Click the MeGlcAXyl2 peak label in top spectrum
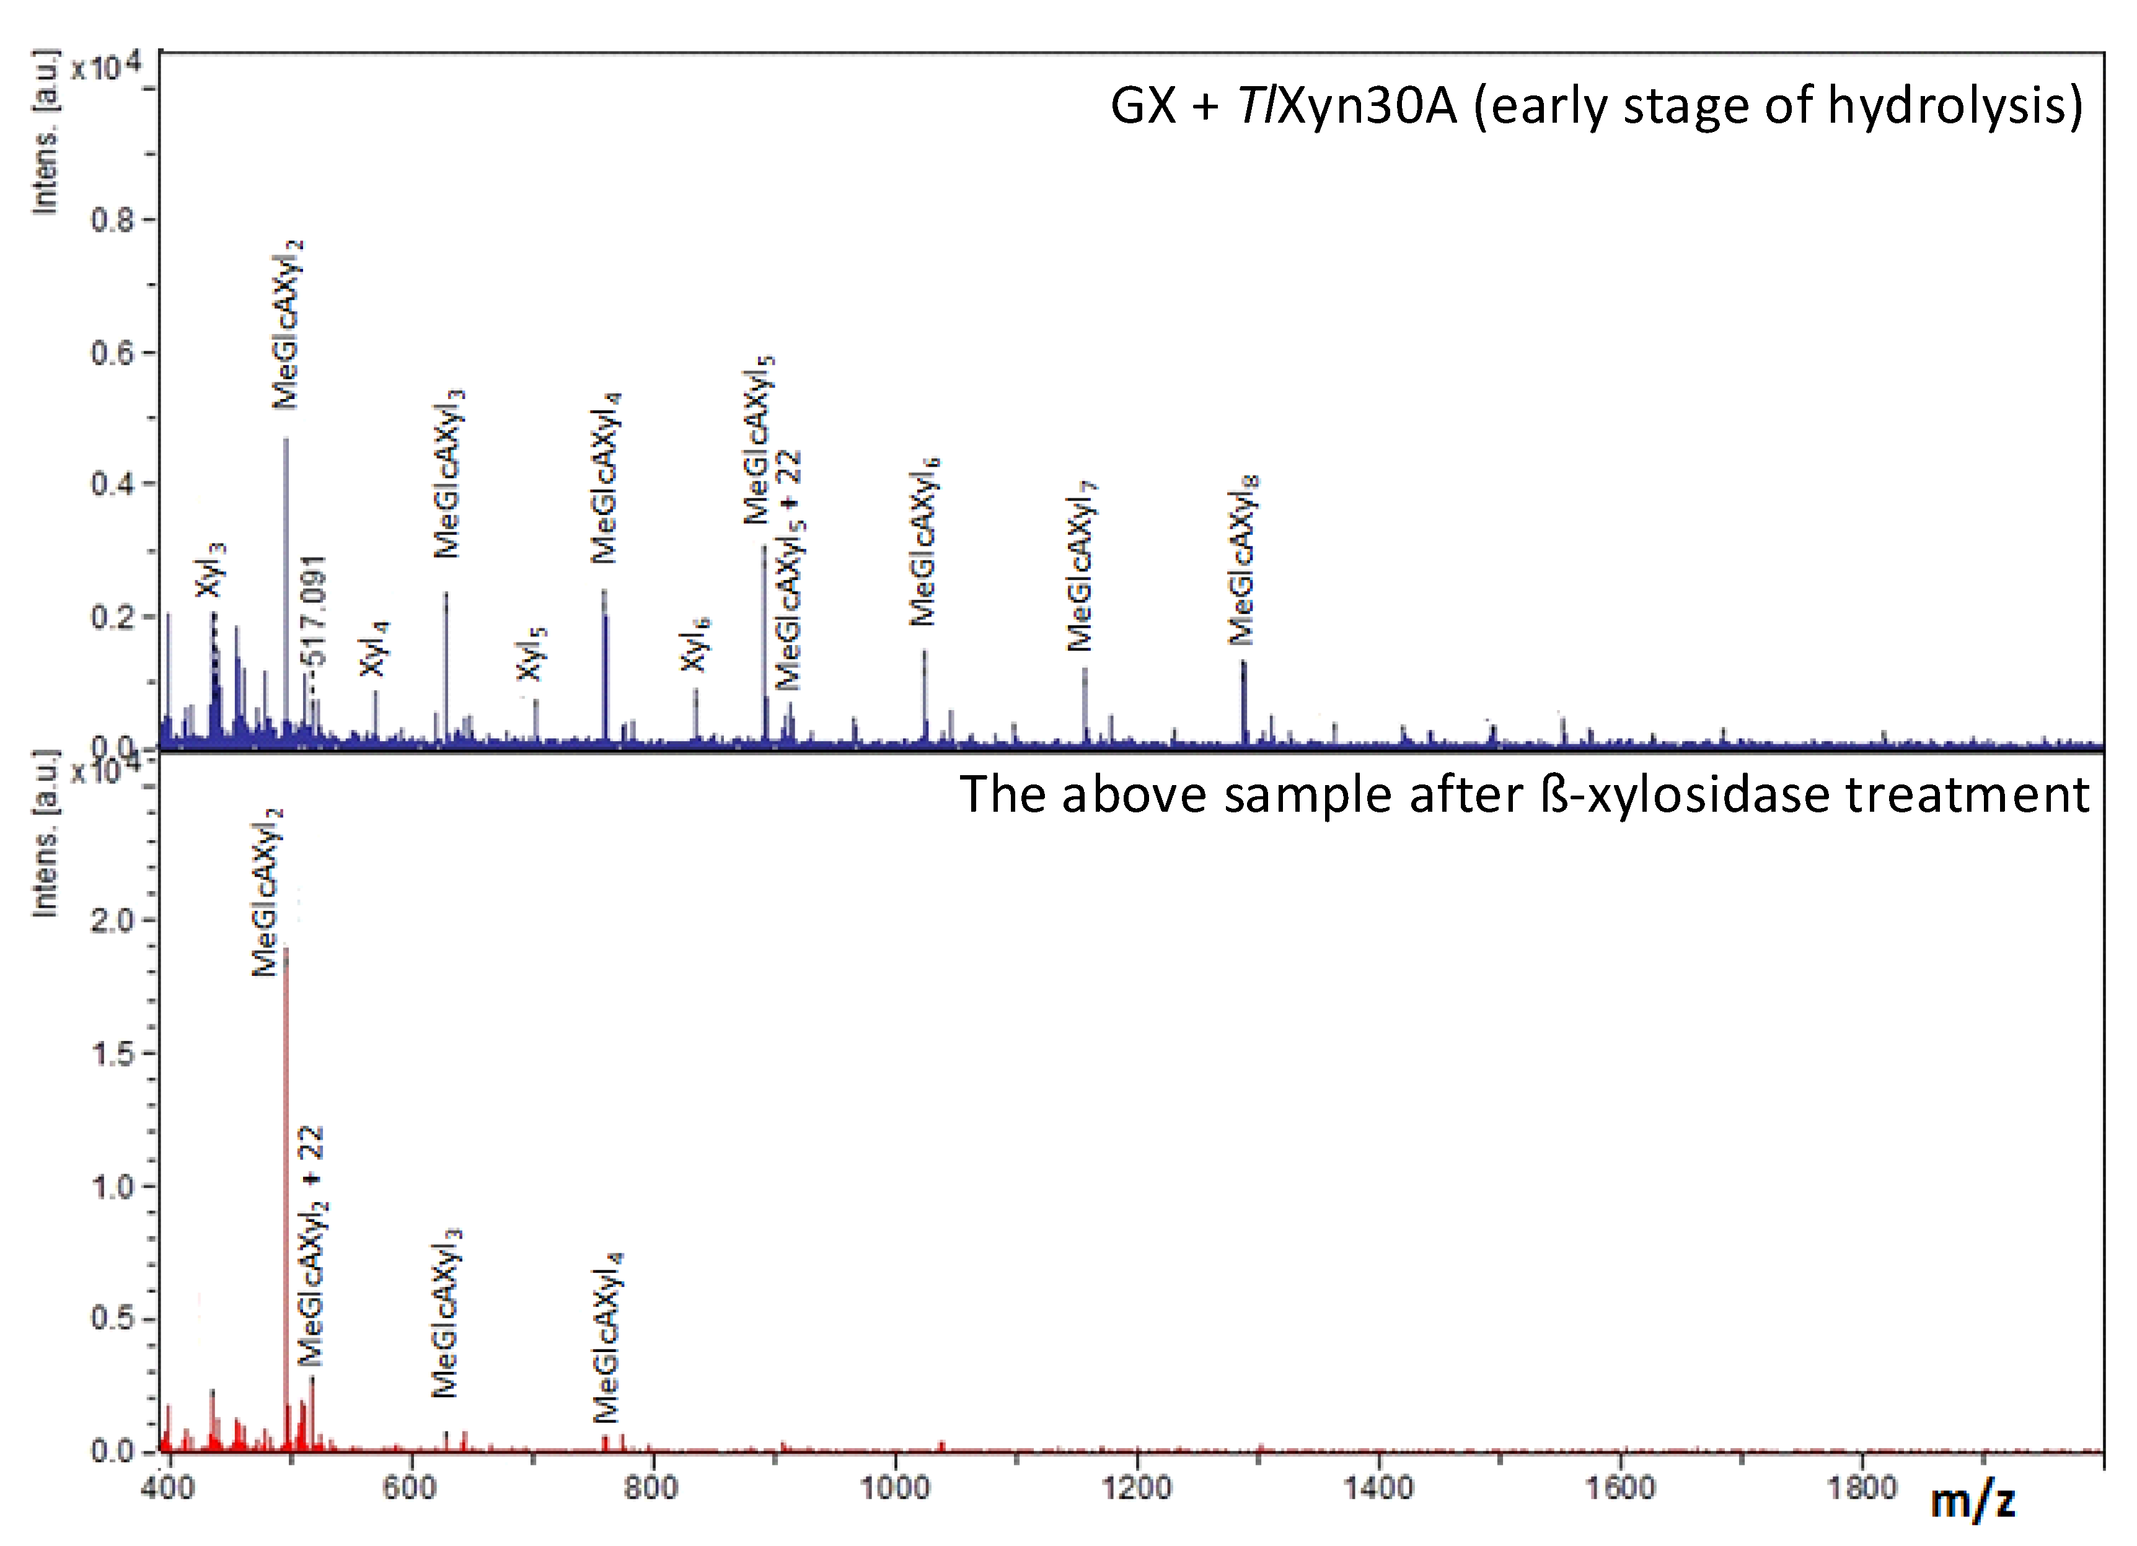pyautogui.click(x=288, y=325)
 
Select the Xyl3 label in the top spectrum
pyautogui.click(x=211, y=570)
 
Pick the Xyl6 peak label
pyautogui.click(x=695, y=644)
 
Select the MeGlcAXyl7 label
pyautogui.click(x=1082, y=565)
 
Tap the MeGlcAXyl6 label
pyautogui.click(x=924, y=542)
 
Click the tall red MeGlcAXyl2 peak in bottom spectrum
pyautogui.click(x=286, y=1178)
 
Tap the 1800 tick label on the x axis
pyautogui.click(x=1862, y=1488)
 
